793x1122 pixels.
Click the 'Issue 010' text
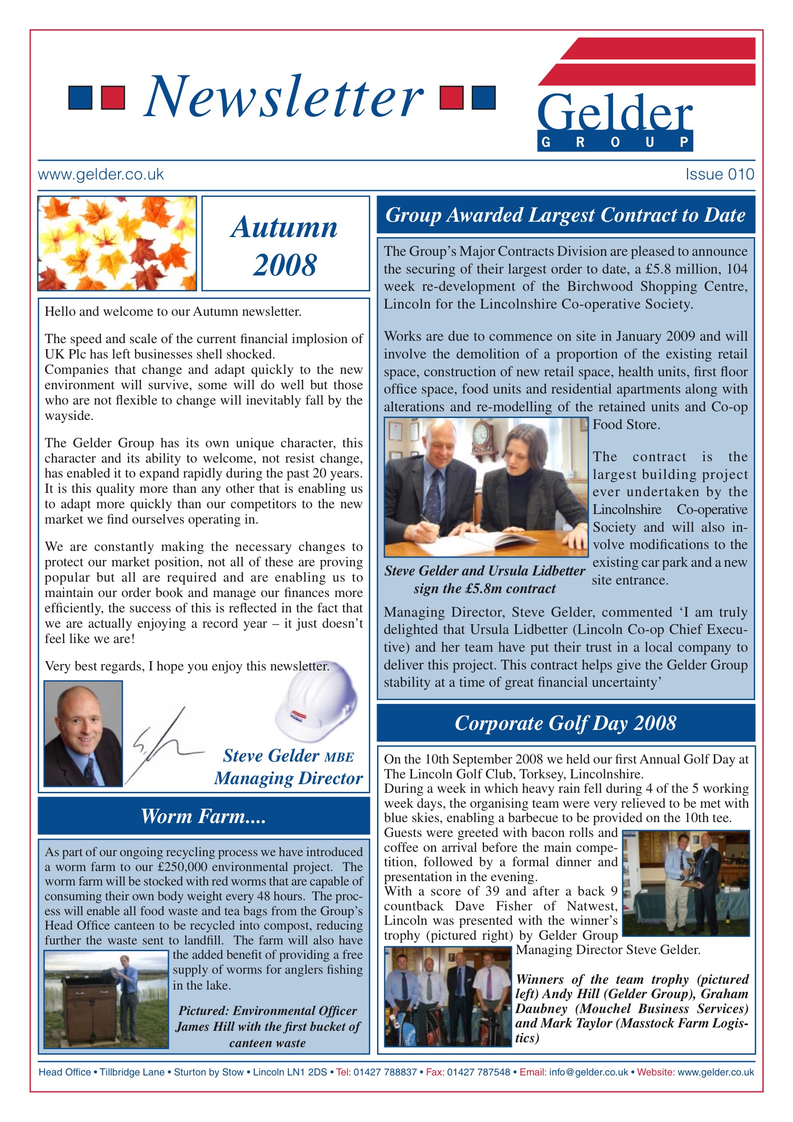pos(719,174)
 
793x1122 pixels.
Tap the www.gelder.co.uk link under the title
pos(101,174)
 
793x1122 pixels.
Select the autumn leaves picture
pos(117,243)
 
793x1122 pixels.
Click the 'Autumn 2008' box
pos(285,243)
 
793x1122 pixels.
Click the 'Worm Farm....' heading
pos(203,816)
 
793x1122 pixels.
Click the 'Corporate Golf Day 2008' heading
pos(565,723)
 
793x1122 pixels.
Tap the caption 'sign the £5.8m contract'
pos(484,588)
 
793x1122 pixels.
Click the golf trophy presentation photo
pos(686,883)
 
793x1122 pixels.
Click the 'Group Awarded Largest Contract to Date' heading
pos(565,215)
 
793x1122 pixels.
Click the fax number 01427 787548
pos(478,1072)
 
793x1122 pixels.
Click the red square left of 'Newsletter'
pos(113,97)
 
